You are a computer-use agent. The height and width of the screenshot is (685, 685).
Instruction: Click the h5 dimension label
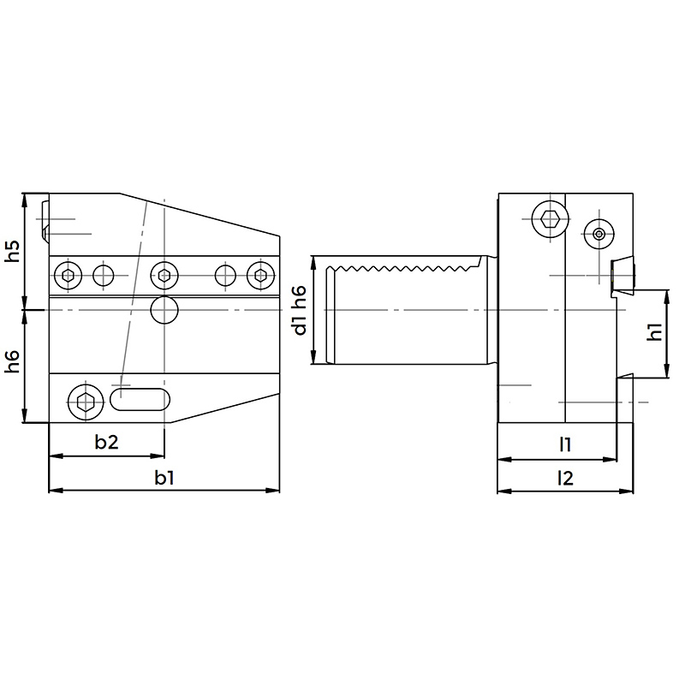[14, 251]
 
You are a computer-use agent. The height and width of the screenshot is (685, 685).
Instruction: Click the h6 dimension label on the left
[14, 361]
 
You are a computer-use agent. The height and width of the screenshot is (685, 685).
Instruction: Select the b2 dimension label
[106, 442]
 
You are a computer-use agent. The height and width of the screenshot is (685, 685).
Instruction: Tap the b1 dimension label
[164, 478]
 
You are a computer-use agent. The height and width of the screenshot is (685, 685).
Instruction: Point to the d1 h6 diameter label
[301, 311]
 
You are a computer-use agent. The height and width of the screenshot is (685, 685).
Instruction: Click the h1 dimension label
[655, 332]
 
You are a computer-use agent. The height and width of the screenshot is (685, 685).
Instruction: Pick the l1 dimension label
[565, 444]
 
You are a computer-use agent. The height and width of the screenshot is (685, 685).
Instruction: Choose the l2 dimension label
[565, 479]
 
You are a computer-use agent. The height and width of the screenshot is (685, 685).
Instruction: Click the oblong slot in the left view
[140, 399]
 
